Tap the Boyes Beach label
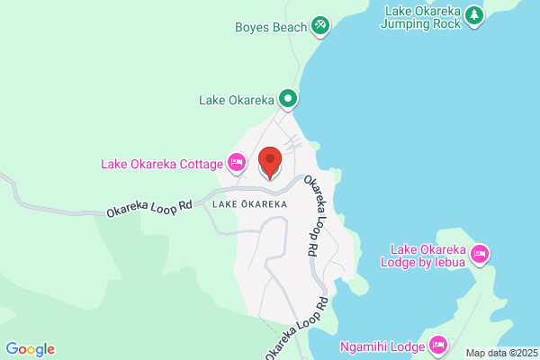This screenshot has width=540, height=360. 271,27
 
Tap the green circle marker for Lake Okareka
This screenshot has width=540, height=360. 288,98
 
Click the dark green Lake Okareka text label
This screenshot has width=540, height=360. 235,99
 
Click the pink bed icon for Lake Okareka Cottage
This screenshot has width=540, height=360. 236,163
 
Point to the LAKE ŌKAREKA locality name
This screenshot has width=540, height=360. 250,204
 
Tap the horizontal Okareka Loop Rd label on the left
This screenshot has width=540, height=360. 149,209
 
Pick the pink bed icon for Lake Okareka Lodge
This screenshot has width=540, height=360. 480,254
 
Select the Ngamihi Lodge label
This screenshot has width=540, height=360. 382,345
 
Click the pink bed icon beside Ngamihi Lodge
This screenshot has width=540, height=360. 438,344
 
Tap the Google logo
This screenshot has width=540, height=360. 30,349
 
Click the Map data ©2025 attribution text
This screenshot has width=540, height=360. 499,353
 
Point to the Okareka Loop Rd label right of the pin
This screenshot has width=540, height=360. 314,214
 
